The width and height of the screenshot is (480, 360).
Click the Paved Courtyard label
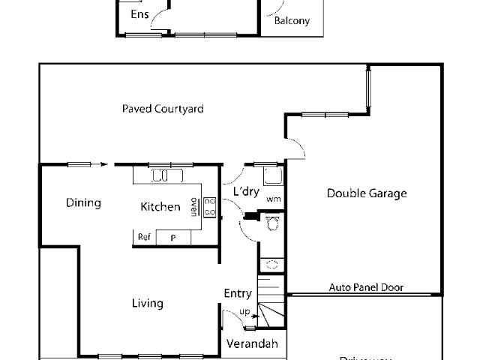[163, 109]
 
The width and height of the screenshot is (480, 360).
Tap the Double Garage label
[367, 193]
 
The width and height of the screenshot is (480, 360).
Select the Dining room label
[83, 202]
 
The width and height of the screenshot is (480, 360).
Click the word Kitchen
[160, 206]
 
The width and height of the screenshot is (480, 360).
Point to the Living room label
[147, 303]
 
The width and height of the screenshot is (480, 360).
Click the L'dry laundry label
[245, 192]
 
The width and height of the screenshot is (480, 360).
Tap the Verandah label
[252, 344]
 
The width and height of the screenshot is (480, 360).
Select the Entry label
[238, 293]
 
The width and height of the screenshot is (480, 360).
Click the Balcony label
[292, 21]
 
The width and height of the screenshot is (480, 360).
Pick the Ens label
[139, 14]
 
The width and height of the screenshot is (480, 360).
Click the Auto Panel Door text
[366, 287]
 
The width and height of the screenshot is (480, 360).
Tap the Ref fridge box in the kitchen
[144, 237]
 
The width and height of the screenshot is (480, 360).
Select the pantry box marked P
[172, 237]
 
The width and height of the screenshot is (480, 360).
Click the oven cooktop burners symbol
[210, 207]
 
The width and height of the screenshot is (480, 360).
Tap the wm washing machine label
[273, 199]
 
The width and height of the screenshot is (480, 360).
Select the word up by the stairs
[244, 311]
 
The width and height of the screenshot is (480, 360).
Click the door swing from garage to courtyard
[296, 148]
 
